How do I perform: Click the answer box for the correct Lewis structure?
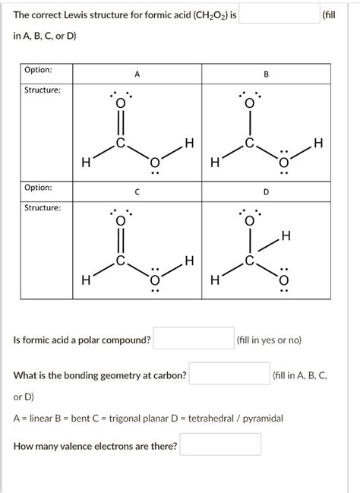(x=279, y=14)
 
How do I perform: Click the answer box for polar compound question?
(x=194, y=339)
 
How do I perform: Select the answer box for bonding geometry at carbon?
(x=229, y=375)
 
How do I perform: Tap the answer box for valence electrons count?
(x=220, y=445)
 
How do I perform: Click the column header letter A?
(x=137, y=74)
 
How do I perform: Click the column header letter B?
(x=266, y=74)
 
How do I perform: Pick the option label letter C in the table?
(x=137, y=192)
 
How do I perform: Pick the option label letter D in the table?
(x=266, y=192)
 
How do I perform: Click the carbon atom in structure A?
(x=120, y=144)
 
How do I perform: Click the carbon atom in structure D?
(x=249, y=261)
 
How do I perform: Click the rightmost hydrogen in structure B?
(x=318, y=144)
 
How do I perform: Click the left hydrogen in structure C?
(x=86, y=280)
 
